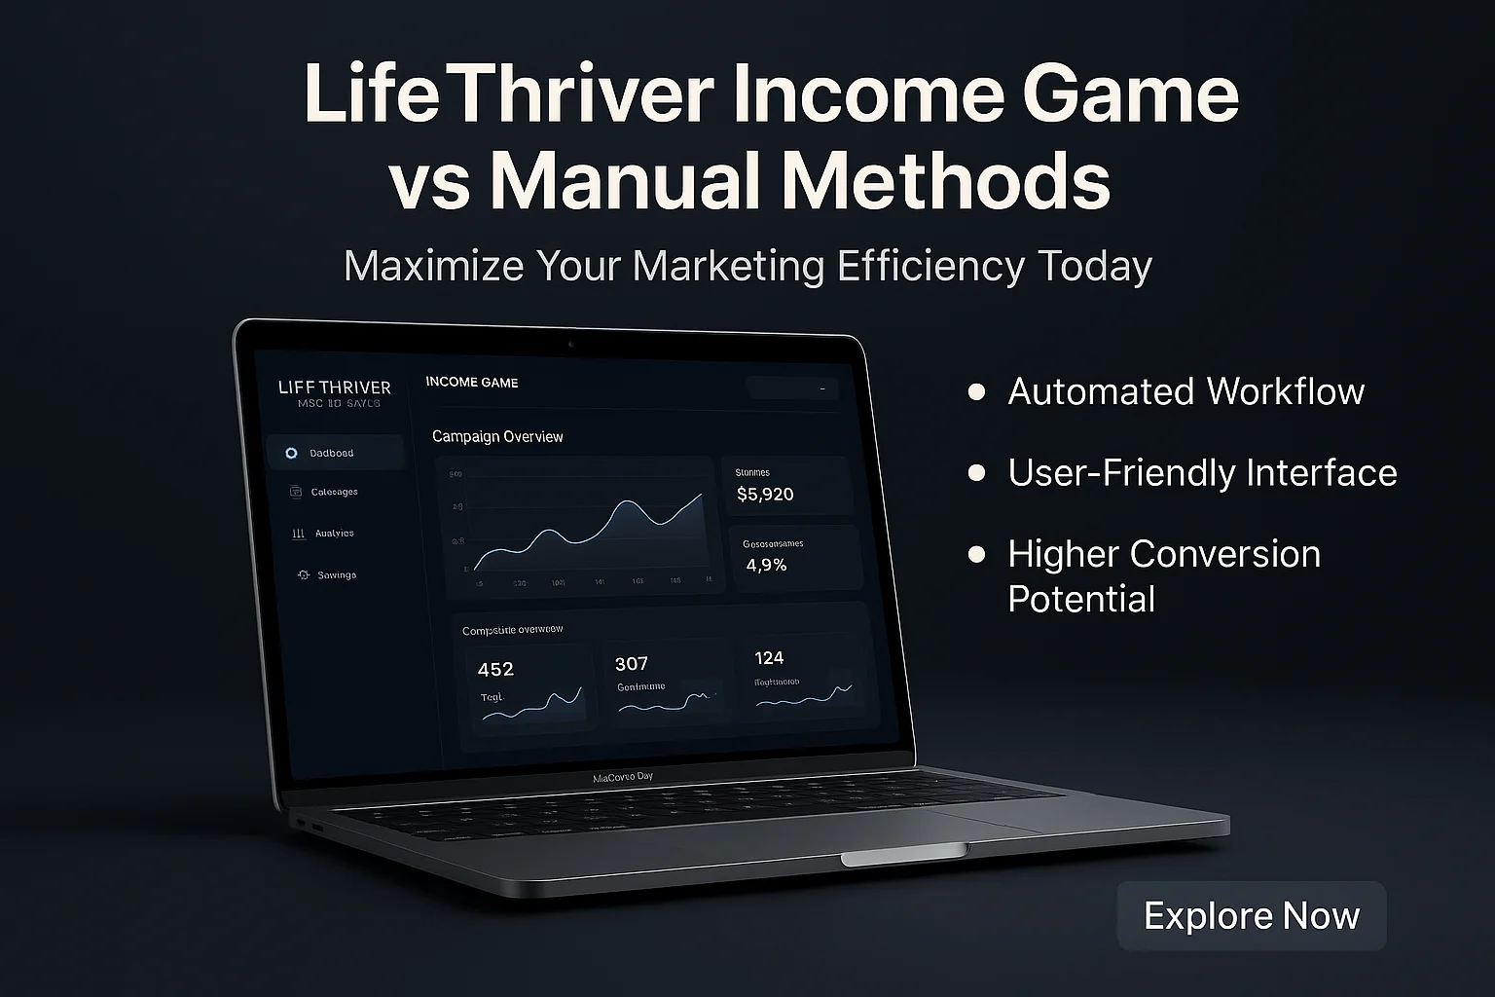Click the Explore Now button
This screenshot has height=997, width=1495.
click(x=1251, y=916)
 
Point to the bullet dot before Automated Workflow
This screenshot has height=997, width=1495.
click(x=976, y=392)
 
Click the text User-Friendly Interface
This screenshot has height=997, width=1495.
click(x=1202, y=473)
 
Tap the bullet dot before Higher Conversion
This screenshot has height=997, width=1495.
click(x=976, y=555)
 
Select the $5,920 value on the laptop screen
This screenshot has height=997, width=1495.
click(x=765, y=495)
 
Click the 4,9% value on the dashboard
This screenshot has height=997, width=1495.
click(x=766, y=565)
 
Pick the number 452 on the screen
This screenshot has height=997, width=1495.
click(x=495, y=670)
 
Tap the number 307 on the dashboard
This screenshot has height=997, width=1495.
click(x=631, y=664)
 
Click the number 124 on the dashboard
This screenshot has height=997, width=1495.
click(x=769, y=658)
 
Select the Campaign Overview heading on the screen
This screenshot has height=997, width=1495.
click(x=497, y=437)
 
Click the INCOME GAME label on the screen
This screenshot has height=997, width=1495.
click(x=472, y=383)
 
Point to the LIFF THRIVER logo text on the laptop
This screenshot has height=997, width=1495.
click(x=334, y=388)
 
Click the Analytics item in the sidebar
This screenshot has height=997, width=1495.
click(x=334, y=534)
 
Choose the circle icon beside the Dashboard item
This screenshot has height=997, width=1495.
click(x=291, y=454)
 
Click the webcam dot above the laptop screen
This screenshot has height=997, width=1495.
click(x=569, y=345)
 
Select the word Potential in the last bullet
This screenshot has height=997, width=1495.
click(x=1080, y=600)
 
